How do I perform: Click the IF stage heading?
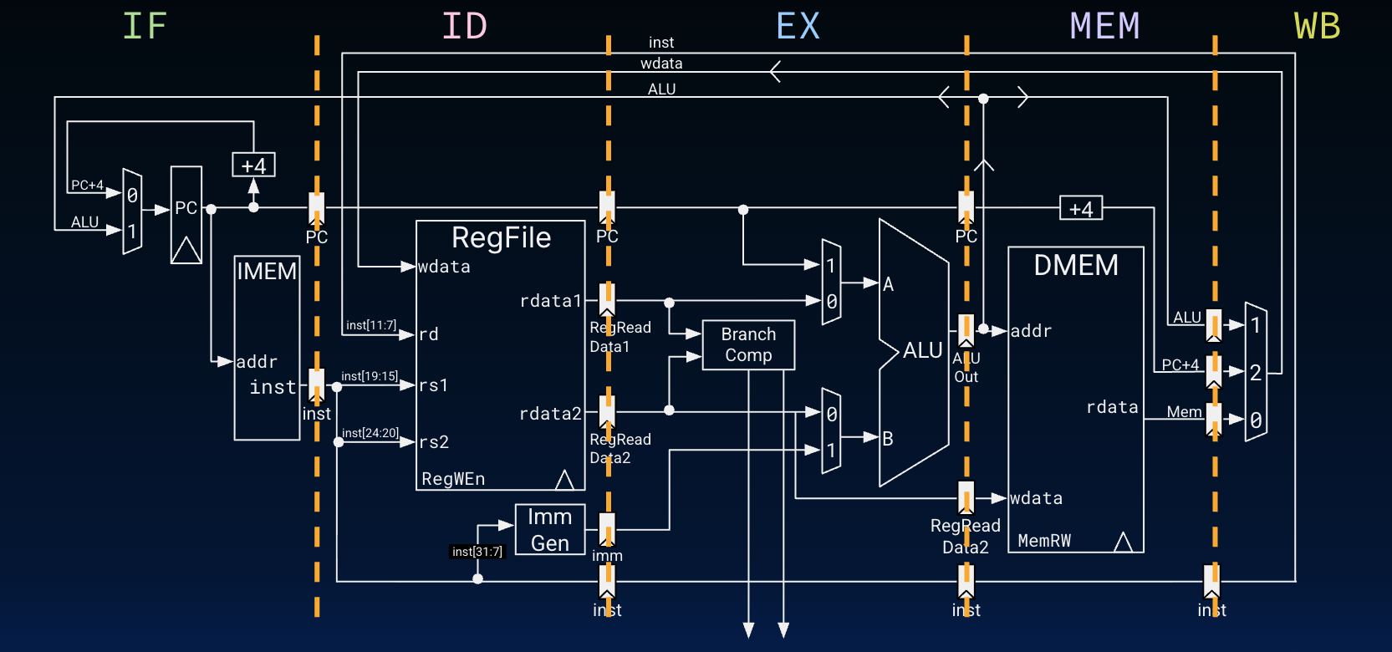(x=145, y=26)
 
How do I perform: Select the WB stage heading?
(x=1317, y=27)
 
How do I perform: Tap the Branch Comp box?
(x=748, y=344)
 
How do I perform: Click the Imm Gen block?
(x=549, y=530)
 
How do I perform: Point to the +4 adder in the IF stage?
(x=253, y=165)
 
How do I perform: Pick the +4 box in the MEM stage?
(x=1080, y=209)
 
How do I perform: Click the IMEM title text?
(x=267, y=272)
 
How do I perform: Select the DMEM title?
(x=1075, y=265)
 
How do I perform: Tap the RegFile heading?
(x=501, y=238)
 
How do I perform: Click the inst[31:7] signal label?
(x=477, y=552)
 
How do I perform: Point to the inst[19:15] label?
(x=370, y=376)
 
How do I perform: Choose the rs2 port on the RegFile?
(x=434, y=441)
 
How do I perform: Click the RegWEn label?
(x=453, y=479)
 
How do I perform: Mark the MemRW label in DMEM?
(x=1044, y=541)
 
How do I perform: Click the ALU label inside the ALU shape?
(x=922, y=350)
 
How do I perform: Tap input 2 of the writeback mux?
(x=1255, y=373)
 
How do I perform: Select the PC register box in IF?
(x=186, y=215)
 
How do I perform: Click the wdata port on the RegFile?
(x=444, y=267)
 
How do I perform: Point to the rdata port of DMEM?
(x=1112, y=407)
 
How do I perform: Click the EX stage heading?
(x=798, y=27)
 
